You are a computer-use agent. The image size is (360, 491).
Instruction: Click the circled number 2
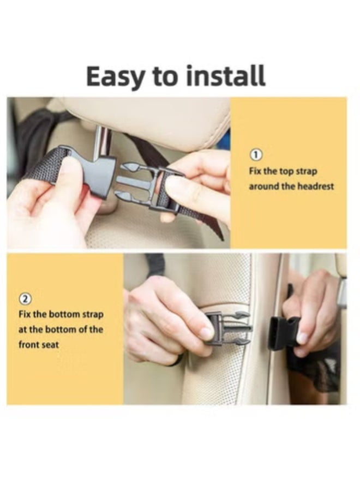pos(26,298)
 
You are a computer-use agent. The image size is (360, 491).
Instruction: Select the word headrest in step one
pos(315,186)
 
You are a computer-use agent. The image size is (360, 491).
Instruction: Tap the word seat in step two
pos(51,345)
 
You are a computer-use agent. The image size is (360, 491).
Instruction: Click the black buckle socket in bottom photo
pos(283,332)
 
